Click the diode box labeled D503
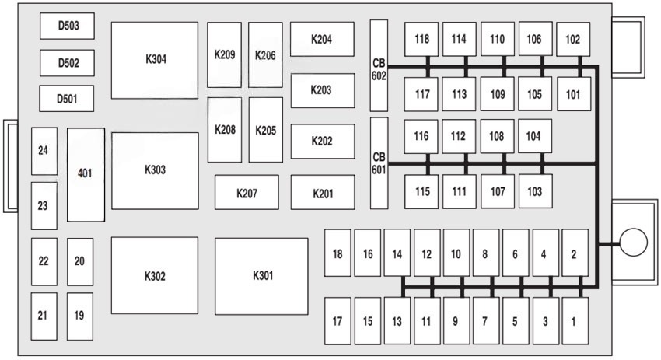click(x=68, y=26)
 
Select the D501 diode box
click(x=68, y=99)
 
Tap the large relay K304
click(x=155, y=60)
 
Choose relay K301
click(x=262, y=276)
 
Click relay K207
click(x=247, y=193)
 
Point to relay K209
click(x=224, y=55)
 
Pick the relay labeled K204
click(x=322, y=39)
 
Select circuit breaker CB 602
click(x=379, y=65)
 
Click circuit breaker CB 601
click(x=379, y=163)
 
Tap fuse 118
click(x=421, y=39)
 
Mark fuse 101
click(x=573, y=94)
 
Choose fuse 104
click(x=535, y=136)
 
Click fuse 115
click(x=421, y=191)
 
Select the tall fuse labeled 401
click(x=86, y=175)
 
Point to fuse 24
click(x=44, y=150)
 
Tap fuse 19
click(x=79, y=316)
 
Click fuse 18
click(x=337, y=253)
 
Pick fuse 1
click(x=575, y=320)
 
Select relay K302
click(x=155, y=276)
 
